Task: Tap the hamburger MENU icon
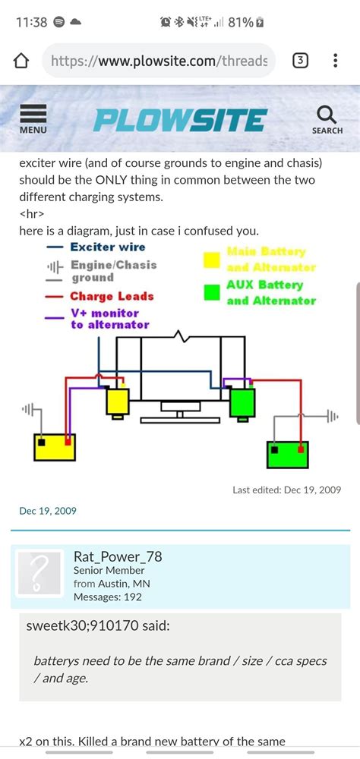[33, 118]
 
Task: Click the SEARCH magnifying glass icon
[327, 118]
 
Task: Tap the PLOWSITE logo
[180, 120]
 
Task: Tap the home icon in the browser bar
[21, 61]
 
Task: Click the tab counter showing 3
[301, 61]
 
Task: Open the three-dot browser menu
[335, 61]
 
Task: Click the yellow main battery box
[55, 446]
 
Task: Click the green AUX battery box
[288, 454]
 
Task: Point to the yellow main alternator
[117, 401]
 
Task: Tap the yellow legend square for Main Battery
[212, 260]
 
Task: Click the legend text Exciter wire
[107, 247]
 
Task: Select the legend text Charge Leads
[112, 297]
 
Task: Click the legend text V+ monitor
[105, 313]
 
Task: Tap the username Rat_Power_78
[118, 556]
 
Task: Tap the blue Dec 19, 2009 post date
[48, 511]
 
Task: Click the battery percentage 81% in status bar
[240, 22]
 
